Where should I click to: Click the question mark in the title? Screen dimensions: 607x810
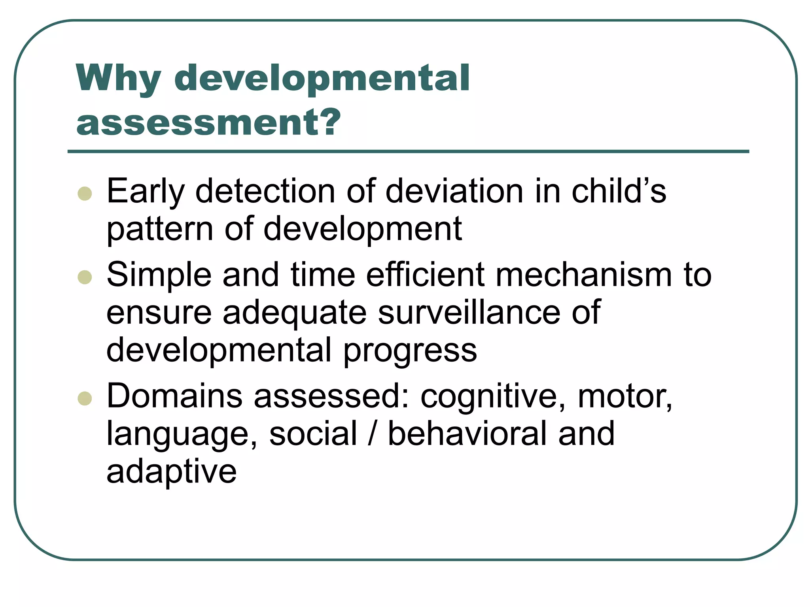click(330, 122)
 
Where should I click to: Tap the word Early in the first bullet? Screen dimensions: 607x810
click(146, 192)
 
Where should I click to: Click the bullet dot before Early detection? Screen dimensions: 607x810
click(85, 194)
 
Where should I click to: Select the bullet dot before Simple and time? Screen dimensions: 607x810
click(85, 277)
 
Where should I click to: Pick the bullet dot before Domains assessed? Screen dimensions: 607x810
click(85, 398)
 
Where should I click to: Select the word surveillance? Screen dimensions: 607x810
click(469, 313)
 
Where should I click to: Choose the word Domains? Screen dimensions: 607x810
click(174, 396)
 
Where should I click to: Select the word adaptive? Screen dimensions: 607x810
click(171, 473)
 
